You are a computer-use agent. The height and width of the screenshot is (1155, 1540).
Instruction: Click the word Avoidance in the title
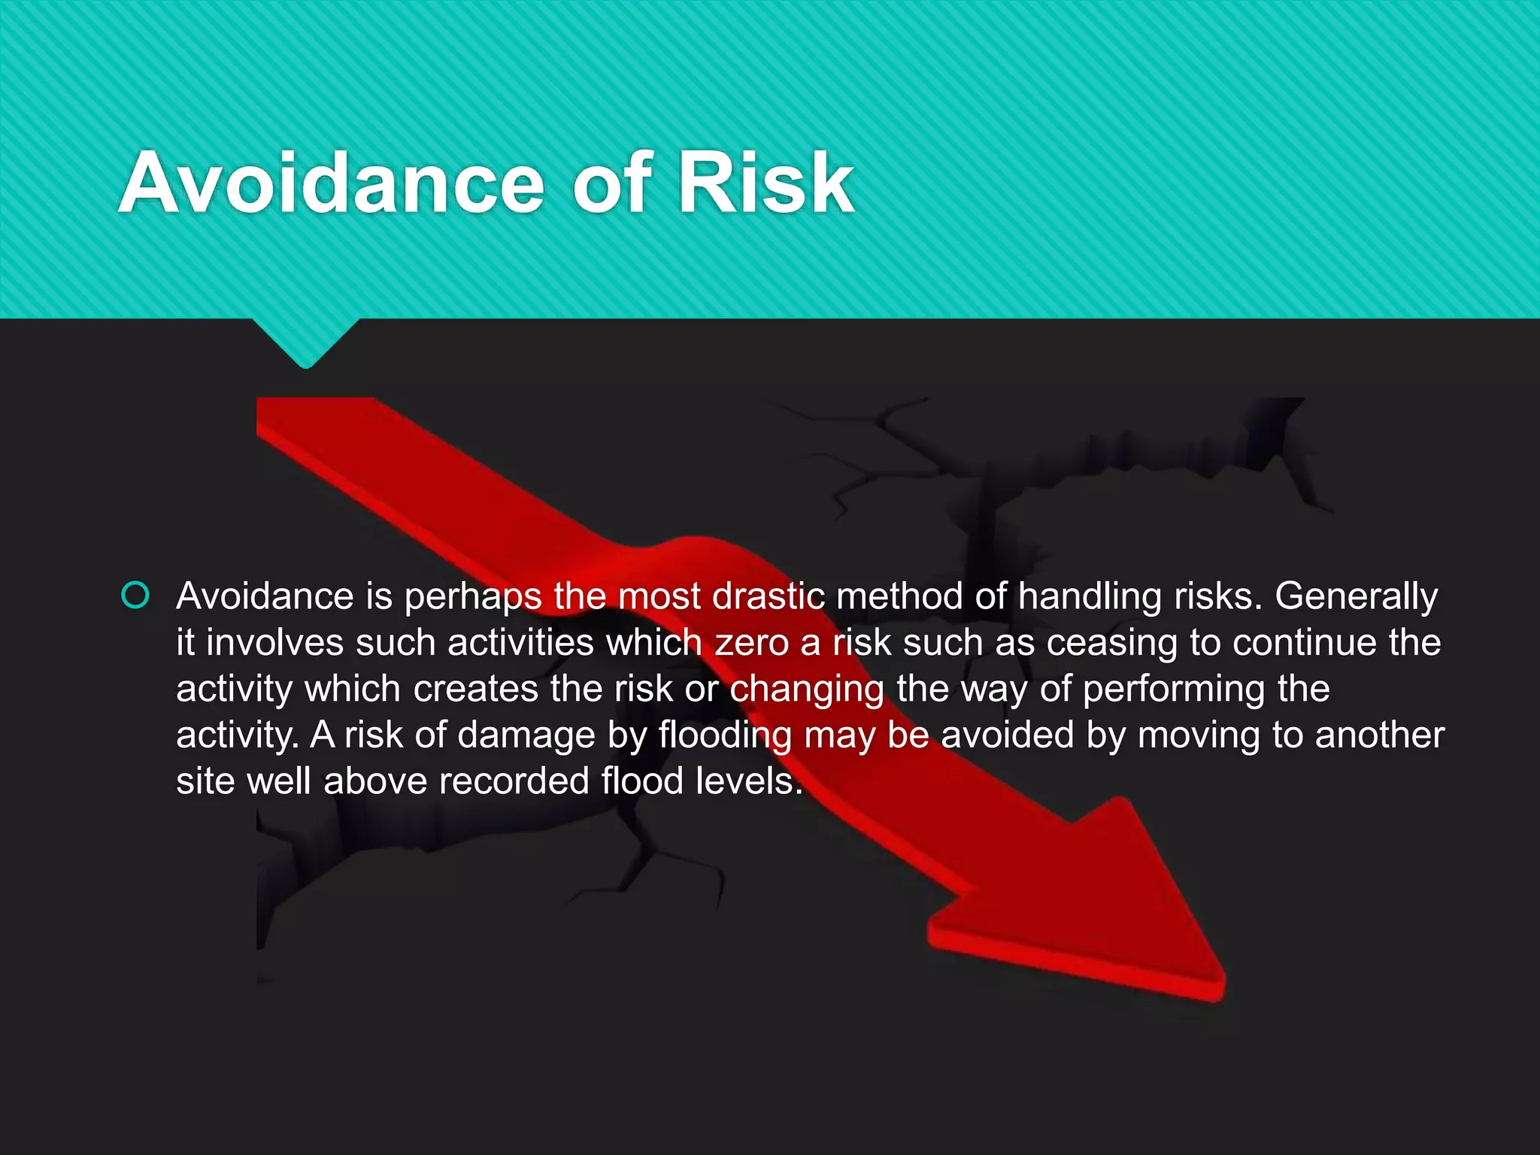pos(331,183)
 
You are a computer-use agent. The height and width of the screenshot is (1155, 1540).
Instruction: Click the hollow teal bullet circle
pos(135,596)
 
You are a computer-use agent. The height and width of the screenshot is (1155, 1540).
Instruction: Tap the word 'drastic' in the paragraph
pos(768,596)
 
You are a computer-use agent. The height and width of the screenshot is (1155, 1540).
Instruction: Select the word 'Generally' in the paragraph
pos(1356,596)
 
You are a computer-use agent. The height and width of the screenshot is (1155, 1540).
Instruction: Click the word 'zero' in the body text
pos(751,643)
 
